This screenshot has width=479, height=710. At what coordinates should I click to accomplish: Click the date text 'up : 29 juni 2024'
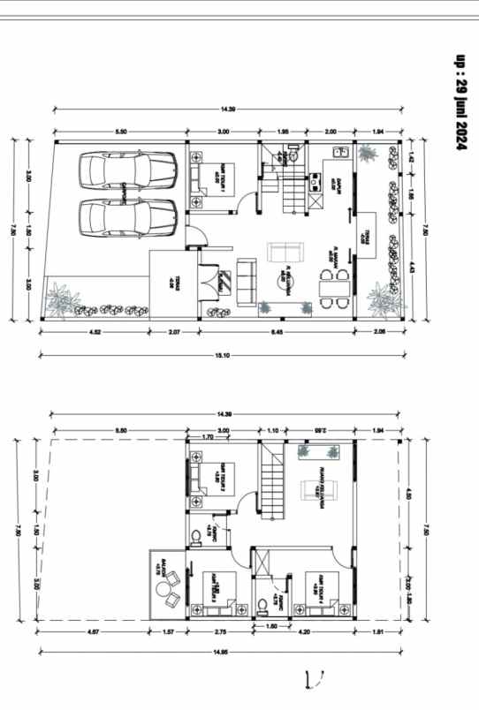click(x=460, y=102)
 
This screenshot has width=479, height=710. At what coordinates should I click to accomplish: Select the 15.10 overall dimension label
click(x=224, y=356)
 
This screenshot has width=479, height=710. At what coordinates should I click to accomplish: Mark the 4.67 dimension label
click(x=93, y=632)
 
